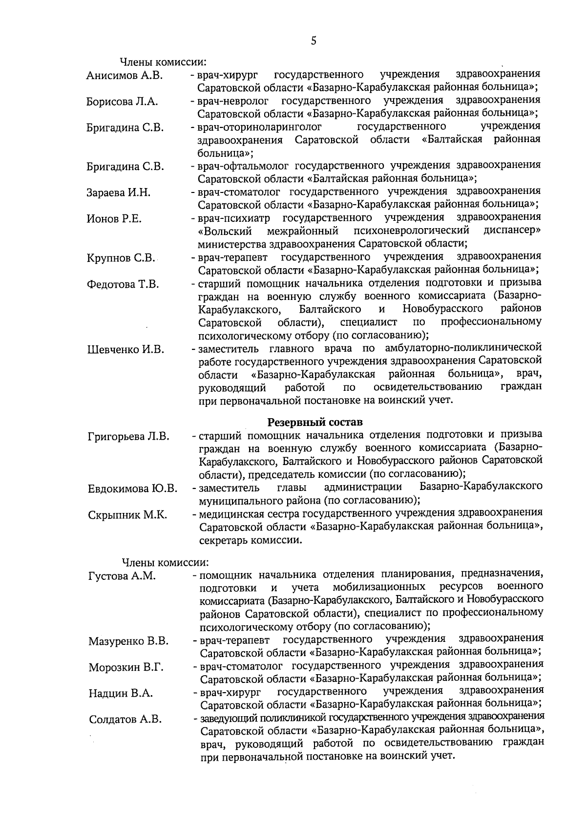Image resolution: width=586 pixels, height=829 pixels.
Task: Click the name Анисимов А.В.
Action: click(124, 76)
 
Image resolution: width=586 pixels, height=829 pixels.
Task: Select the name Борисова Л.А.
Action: click(122, 102)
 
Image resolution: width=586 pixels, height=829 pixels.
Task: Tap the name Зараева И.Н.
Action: click(119, 192)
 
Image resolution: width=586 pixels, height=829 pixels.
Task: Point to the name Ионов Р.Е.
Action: click(114, 219)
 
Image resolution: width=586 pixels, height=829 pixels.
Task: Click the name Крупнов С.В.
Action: click(121, 258)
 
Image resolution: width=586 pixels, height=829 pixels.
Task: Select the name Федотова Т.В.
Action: click(123, 284)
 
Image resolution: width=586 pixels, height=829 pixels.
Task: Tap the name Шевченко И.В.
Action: click(126, 349)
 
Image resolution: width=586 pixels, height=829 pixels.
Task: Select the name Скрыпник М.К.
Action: click(128, 515)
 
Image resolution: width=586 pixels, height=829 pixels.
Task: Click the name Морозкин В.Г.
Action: click(126, 667)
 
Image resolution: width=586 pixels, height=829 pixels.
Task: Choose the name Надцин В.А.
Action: click(121, 693)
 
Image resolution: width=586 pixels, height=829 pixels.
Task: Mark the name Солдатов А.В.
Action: click(125, 720)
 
